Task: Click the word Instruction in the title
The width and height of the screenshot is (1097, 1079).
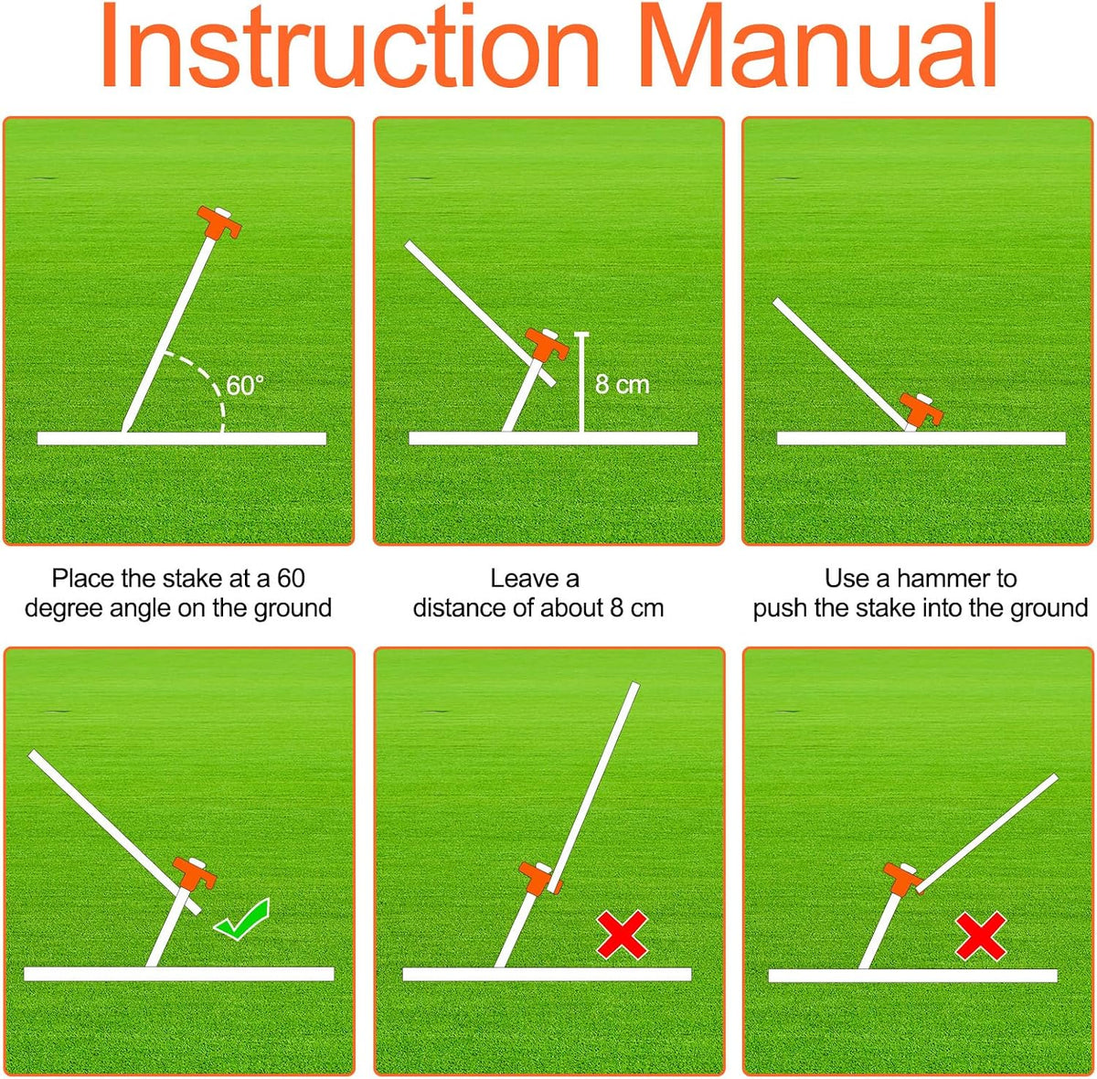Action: [351, 46]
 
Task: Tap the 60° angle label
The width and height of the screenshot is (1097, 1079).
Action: [245, 386]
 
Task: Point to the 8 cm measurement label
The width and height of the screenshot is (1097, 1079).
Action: [623, 385]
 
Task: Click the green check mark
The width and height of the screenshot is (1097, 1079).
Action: [242, 919]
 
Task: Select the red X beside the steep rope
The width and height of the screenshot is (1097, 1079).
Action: [622, 935]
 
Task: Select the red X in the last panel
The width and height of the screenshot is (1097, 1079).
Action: [981, 935]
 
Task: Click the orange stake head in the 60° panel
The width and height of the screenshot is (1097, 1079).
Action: [219, 222]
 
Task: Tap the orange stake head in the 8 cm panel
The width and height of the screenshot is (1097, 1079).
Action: [547, 344]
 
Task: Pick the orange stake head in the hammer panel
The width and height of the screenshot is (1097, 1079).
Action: [921, 409]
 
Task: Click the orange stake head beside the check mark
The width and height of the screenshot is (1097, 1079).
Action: [195, 872]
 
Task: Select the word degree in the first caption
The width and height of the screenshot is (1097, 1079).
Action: [64, 608]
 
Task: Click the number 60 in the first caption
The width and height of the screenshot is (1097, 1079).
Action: [291, 578]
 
